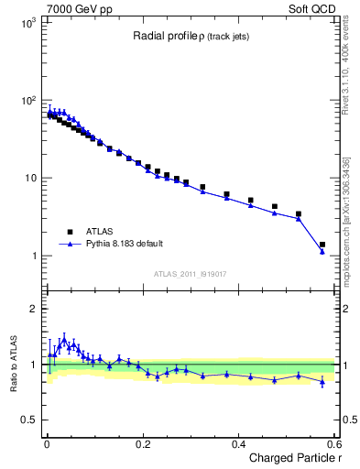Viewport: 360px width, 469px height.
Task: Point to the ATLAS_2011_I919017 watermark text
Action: pyautogui.click(x=190, y=273)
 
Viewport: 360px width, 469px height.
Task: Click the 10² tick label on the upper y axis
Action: pyautogui.click(x=27, y=100)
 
